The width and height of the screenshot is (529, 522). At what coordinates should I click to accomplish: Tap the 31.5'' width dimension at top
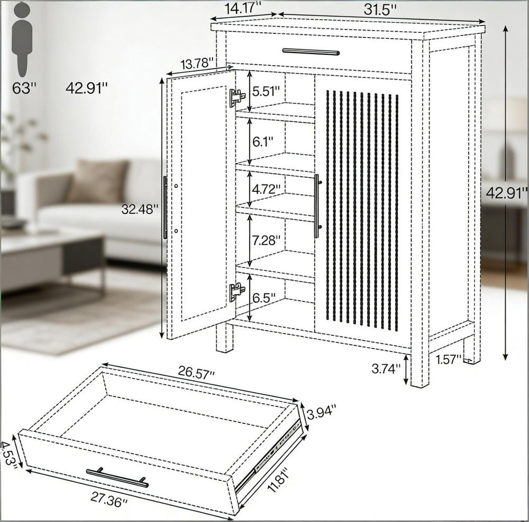379,10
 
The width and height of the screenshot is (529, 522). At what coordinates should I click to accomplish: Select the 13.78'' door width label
197,64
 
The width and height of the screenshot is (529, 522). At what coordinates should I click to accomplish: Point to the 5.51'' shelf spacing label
266,91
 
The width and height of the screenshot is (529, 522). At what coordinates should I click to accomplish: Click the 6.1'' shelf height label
262,141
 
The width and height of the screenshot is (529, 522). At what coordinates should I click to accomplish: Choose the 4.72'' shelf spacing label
266,189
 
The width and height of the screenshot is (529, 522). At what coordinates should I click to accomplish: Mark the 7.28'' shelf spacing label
266,241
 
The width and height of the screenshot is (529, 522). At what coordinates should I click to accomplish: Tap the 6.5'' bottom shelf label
264,298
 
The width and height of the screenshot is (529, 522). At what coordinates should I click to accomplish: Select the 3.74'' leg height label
386,368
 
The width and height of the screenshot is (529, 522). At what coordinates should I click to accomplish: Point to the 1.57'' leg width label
448,359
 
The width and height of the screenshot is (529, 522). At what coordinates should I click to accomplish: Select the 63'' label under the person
24,89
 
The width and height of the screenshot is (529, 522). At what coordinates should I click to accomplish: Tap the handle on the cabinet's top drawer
311,51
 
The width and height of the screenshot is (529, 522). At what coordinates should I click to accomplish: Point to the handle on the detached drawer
117,477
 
